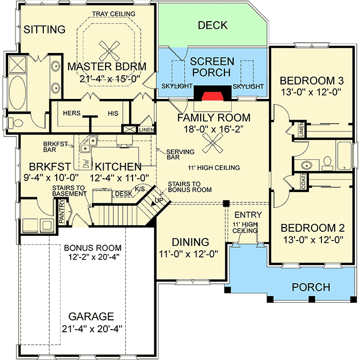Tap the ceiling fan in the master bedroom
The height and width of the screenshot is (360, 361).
coord(109,50)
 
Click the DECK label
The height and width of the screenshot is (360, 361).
coord(213,25)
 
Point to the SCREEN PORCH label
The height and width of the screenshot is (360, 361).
coord(212,67)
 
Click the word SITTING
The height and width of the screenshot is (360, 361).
coord(45,30)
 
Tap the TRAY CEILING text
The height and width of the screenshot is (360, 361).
coord(113,13)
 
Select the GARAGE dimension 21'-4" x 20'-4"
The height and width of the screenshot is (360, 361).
coord(89,328)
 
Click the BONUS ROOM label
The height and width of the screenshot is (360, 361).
coord(93,247)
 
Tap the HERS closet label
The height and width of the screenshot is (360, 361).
coord(71,113)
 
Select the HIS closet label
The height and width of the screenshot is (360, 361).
coord(113,113)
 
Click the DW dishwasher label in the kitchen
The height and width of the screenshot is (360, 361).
coord(86,163)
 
